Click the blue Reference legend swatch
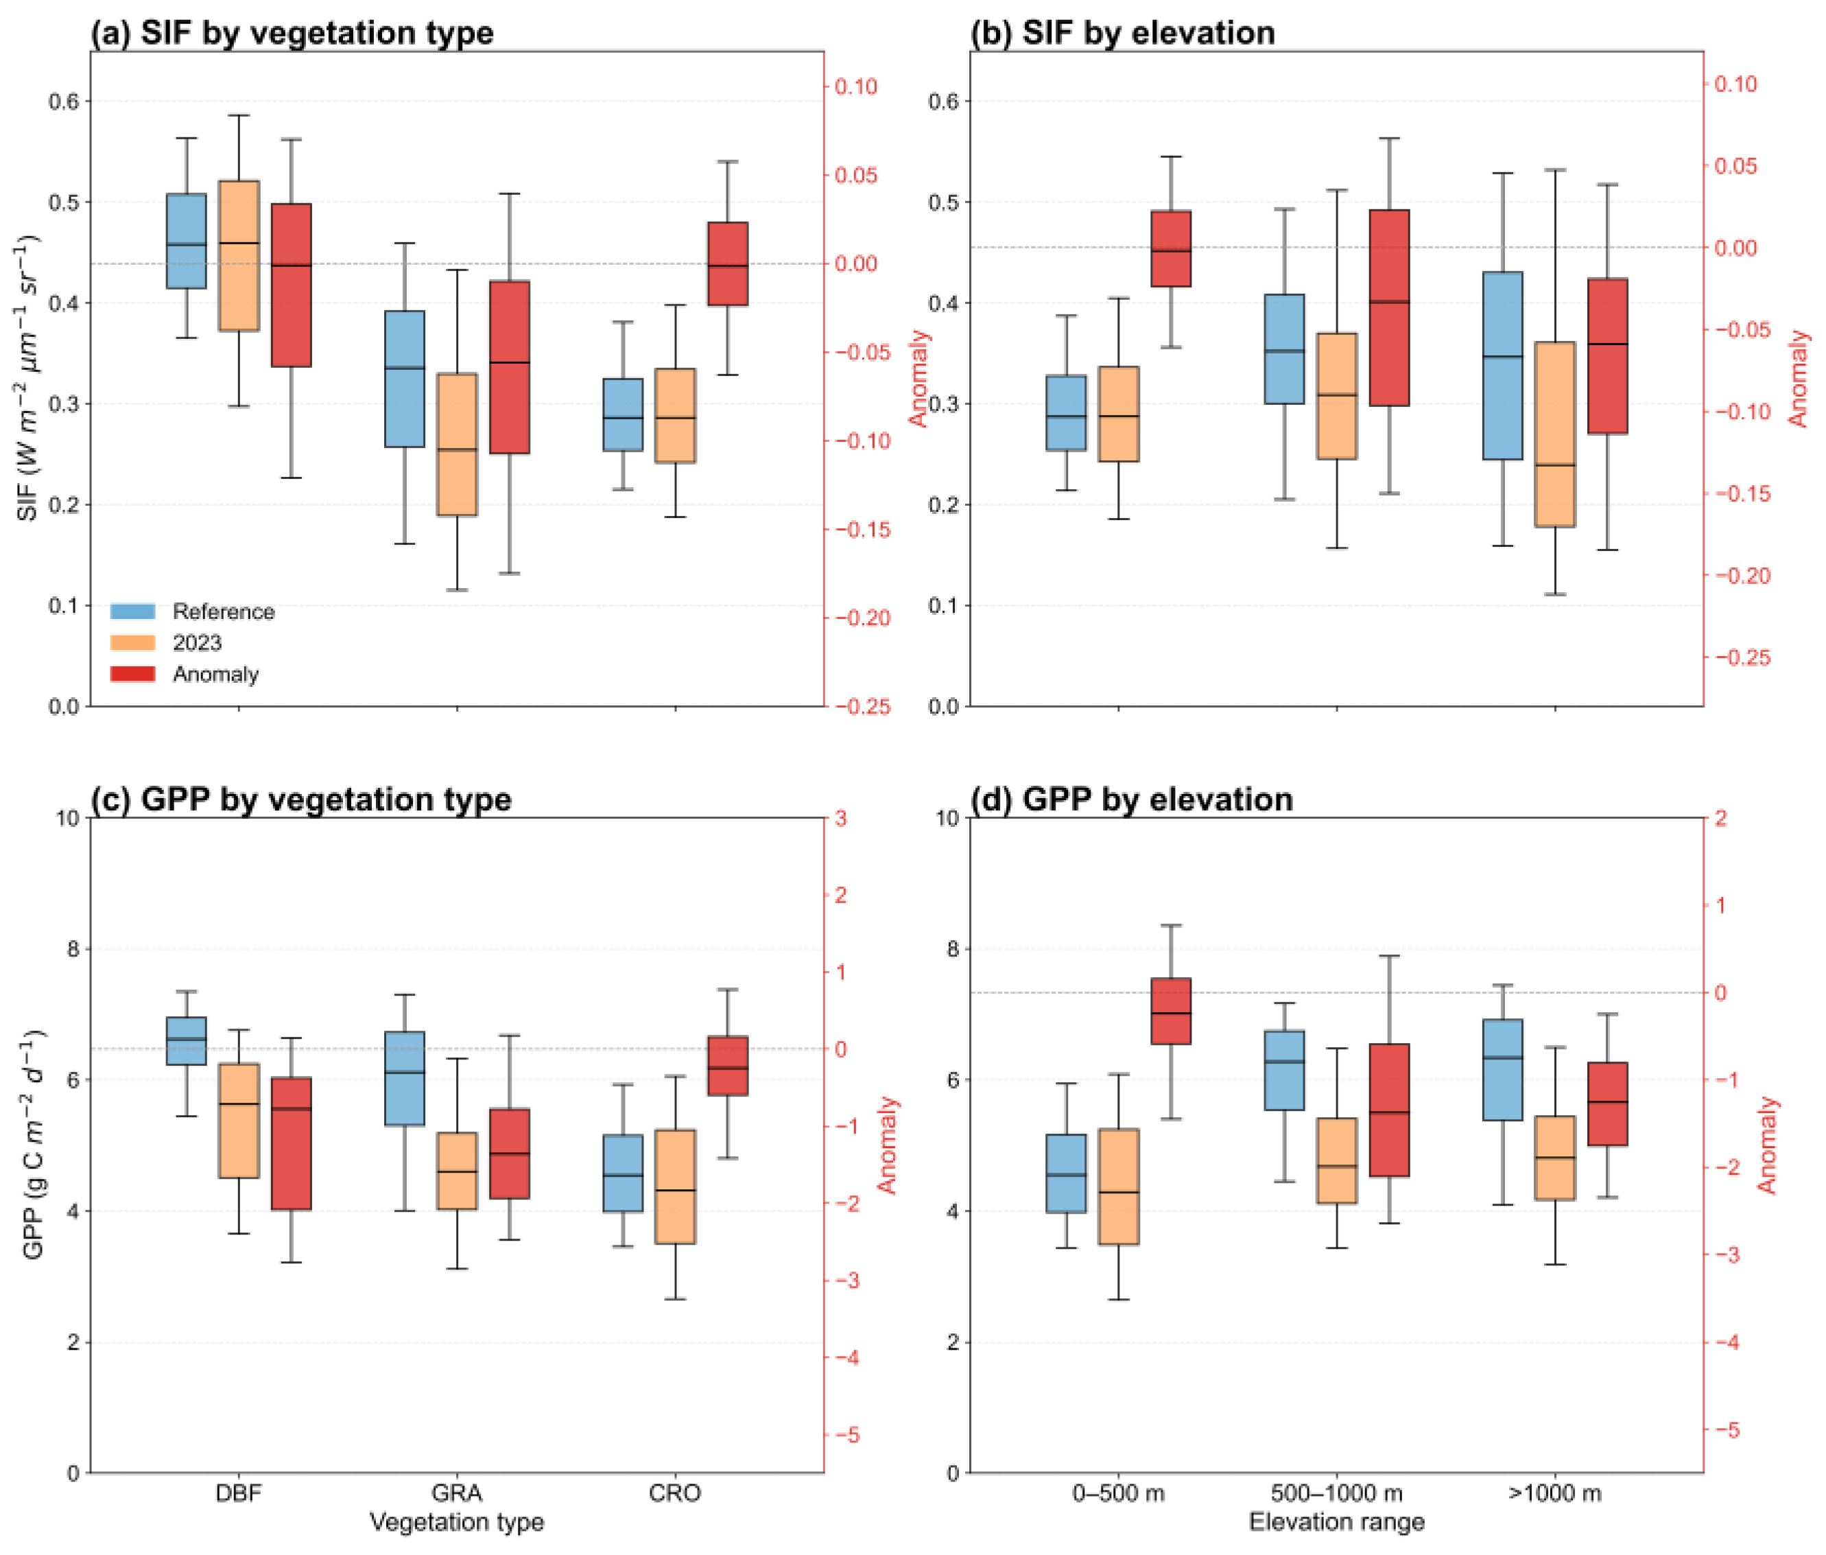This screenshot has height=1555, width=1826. pyautogui.click(x=132, y=611)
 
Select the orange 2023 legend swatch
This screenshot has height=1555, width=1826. pyautogui.click(x=132, y=642)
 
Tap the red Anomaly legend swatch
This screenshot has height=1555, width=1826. pyautogui.click(x=132, y=675)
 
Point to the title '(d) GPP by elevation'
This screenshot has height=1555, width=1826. pyautogui.click(x=1132, y=799)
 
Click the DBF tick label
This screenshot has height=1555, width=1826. pyautogui.click(x=239, y=1493)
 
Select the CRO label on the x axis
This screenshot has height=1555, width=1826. pyautogui.click(x=675, y=1493)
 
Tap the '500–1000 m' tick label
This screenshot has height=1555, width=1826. pyautogui.click(x=1337, y=1493)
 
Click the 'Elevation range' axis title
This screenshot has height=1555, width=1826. pyautogui.click(x=1337, y=1522)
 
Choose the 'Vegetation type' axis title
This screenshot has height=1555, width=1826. pyautogui.click(x=457, y=1522)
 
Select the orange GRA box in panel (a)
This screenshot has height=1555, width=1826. pyautogui.click(x=458, y=444)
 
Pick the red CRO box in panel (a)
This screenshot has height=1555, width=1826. pyautogui.click(x=728, y=264)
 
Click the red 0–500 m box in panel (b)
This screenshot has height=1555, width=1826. pyautogui.click(x=1171, y=248)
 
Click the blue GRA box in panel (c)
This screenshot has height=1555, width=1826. pyautogui.click(x=405, y=1079)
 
